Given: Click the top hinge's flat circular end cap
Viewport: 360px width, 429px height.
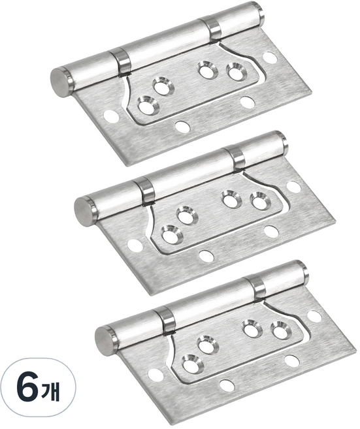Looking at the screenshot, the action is coord(59,82).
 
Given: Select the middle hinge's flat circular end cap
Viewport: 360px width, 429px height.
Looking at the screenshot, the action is coord(83,211).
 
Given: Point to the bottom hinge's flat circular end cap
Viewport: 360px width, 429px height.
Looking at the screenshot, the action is coord(103,341).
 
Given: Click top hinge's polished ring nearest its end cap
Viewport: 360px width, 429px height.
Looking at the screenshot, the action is coord(121,61).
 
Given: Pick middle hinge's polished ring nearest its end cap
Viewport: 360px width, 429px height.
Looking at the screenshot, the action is coord(144,191).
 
